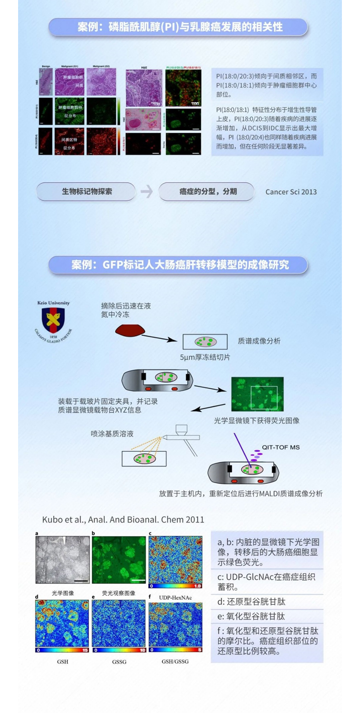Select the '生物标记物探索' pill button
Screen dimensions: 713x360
coord(87,192)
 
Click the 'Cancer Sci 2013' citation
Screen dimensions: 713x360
coord(291,192)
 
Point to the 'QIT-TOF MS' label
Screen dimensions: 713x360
coord(281,447)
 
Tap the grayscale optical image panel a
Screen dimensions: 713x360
coord(62,560)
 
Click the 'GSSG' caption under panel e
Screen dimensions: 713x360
coord(119,662)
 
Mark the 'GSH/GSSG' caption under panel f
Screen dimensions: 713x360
coord(175,662)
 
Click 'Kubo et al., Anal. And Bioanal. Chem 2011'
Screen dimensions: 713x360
coord(123,519)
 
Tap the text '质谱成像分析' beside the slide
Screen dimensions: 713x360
coord(259,341)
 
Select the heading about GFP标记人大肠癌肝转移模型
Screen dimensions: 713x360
coord(180,265)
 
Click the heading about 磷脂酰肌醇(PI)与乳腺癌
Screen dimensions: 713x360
coord(180,27)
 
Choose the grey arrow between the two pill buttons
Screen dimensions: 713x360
coord(147,192)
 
